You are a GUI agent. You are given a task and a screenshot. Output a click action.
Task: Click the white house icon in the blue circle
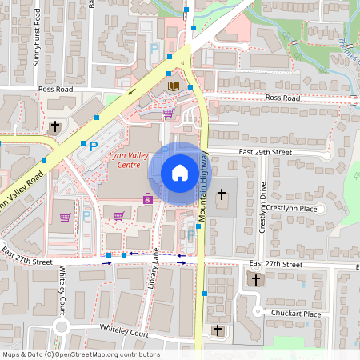click(x=180, y=173)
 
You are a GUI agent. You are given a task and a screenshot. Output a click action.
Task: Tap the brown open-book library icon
click(x=174, y=85)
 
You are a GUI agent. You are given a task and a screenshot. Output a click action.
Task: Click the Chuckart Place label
click(x=295, y=314)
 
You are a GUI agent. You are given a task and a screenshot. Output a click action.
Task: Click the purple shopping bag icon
click(x=147, y=197)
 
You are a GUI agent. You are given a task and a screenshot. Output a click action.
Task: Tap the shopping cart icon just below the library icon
click(x=168, y=113)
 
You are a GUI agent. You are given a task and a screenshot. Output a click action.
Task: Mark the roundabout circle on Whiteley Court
click(x=61, y=326)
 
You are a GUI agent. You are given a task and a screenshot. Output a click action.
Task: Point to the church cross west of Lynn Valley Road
click(x=55, y=126)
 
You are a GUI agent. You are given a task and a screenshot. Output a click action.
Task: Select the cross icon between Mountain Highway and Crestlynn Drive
click(x=222, y=194)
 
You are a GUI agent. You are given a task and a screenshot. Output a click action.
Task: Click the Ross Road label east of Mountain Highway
click(x=282, y=98)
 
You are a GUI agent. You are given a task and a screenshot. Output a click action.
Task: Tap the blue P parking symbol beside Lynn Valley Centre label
click(x=93, y=146)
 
